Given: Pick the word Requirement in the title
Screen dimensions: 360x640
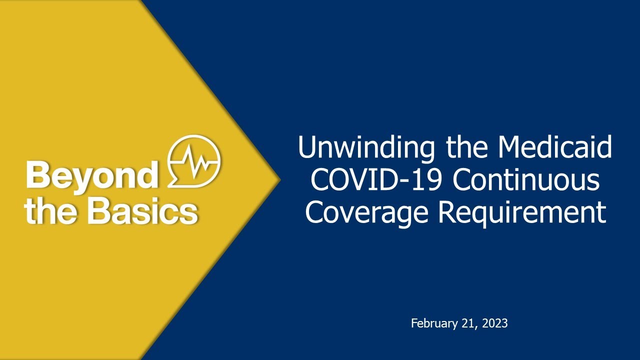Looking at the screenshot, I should coord(522,212).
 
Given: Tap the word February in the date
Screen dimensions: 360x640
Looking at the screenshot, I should coord(432,323).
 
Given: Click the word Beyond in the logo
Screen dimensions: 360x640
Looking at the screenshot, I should coord(91,175).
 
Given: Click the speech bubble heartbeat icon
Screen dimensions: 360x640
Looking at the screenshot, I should coord(194,160).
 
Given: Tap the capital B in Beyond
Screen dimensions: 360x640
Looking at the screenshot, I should coord(36,175).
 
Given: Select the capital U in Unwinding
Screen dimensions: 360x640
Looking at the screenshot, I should coord(308,148).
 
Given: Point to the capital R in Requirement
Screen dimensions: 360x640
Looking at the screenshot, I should coord(447,212).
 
